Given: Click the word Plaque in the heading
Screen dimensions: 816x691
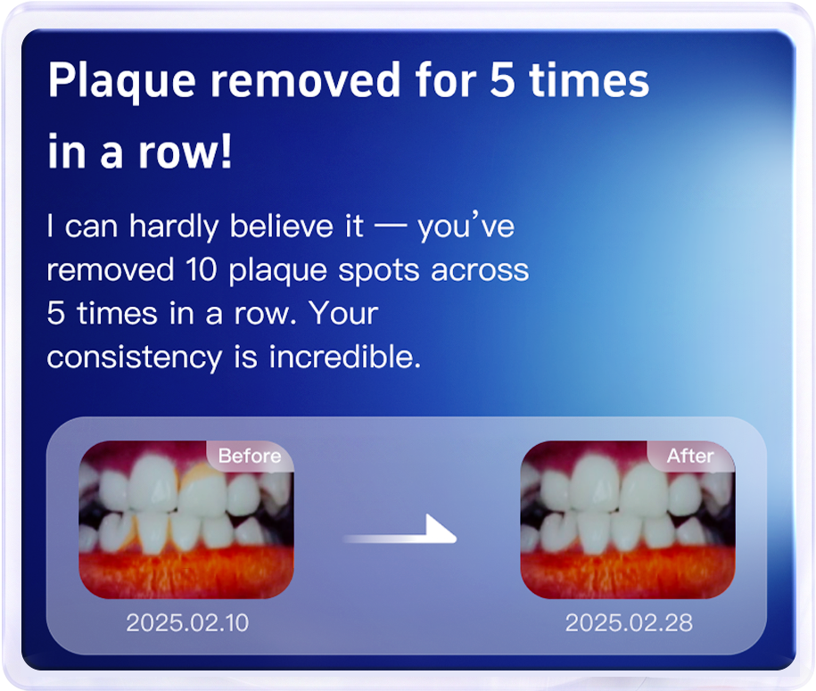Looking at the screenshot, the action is tap(122, 81).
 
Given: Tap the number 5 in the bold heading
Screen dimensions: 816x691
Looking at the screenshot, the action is tap(502, 79).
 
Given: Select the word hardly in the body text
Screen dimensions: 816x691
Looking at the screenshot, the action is tap(174, 227).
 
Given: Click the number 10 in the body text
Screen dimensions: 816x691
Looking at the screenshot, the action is tap(201, 270).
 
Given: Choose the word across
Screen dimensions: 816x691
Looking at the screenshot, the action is tap(480, 271).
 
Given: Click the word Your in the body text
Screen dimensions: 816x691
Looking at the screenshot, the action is tap(343, 313).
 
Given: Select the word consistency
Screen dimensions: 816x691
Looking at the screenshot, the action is tap(135, 358).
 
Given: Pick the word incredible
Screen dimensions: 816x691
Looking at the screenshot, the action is tap(344, 357).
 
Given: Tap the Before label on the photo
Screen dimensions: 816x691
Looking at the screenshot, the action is tap(250, 456).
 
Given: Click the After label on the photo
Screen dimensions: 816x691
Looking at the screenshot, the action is tap(690, 456).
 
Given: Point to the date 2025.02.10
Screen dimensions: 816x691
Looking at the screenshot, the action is tap(187, 623).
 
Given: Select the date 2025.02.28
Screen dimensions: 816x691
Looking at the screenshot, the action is tap(629, 623).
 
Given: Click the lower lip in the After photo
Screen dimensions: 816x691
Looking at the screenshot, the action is tap(628, 572).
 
